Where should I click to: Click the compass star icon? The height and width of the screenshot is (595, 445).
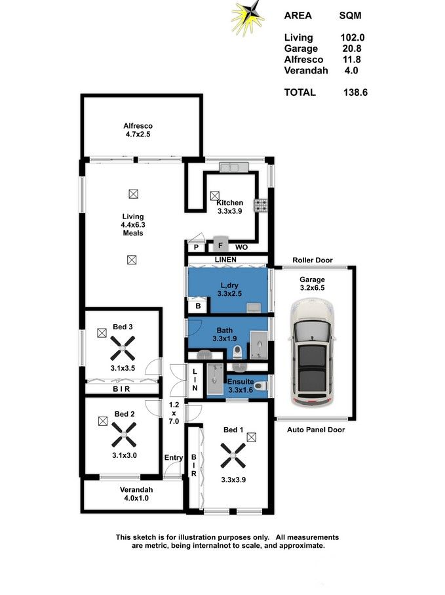click(247, 18)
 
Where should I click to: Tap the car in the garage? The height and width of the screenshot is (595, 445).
click(314, 350)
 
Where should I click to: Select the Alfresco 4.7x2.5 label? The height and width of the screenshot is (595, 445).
click(138, 131)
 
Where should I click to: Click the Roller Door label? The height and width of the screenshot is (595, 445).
click(312, 260)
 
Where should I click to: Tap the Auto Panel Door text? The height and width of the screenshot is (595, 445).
click(316, 430)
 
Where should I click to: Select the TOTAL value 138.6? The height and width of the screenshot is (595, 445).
click(355, 92)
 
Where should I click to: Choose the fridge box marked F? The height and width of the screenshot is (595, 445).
click(221, 247)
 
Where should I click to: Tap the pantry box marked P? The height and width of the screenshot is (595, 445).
click(195, 247)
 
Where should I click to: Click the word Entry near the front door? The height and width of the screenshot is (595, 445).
click(174, 458)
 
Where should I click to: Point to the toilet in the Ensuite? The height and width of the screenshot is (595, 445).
click(260, 385)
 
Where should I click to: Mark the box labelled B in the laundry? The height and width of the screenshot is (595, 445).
click(197, 306)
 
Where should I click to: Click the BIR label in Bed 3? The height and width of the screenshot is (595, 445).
click(121, 389)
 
